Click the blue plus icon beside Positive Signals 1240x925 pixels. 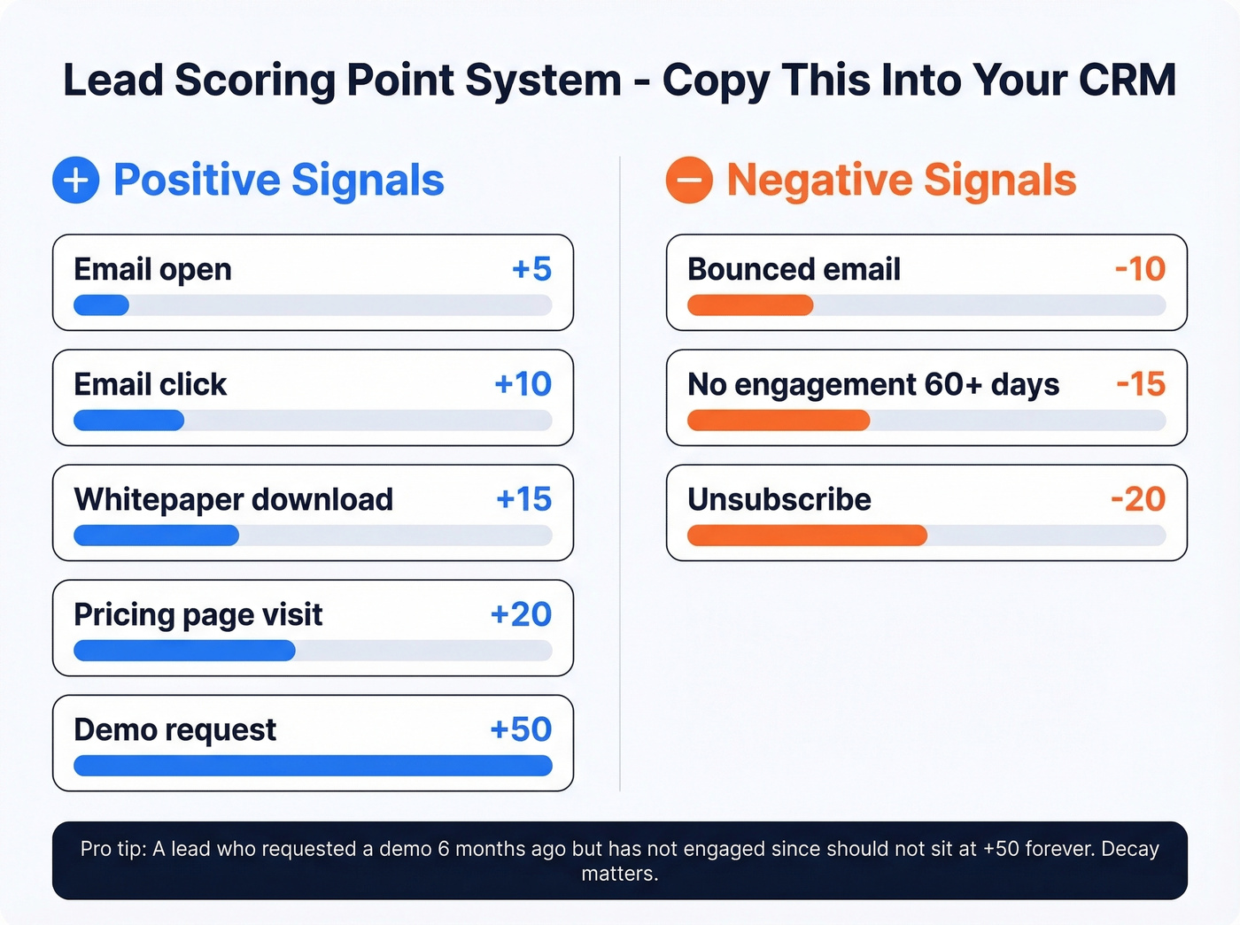(76, 180)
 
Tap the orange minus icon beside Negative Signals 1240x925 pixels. (689, 180)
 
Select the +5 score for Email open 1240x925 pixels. (531, 269)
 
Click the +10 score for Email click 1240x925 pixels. (523, 384)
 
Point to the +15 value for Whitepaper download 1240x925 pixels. (523, 499)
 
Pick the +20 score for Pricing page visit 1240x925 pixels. (521, 614)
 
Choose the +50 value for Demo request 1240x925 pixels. (521, 729)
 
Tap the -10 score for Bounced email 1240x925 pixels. (1140, 269)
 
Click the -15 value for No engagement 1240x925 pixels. (1141, 384)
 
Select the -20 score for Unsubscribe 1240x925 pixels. (1138, 499)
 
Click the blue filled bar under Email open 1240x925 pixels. (101, 305)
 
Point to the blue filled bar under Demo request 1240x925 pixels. (313, 766)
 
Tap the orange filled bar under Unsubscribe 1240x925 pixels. (807, 536)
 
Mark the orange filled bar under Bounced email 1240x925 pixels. (750, 305)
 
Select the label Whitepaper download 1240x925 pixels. (234, 499)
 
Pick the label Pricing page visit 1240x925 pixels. (198, 614)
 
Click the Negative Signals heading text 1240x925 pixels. (901, 180)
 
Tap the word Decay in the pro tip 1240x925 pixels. (1130, 849)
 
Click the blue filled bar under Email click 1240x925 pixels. (129, 420)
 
